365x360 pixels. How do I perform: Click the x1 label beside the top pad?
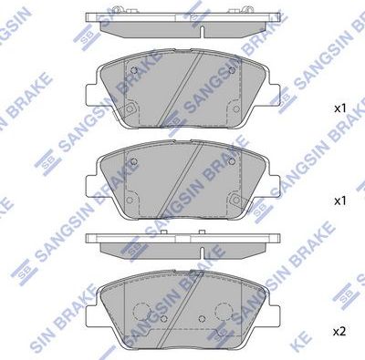(339, 108)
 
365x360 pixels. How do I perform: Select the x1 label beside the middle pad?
(339, 199)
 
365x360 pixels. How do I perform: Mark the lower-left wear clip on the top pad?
(130, 111)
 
